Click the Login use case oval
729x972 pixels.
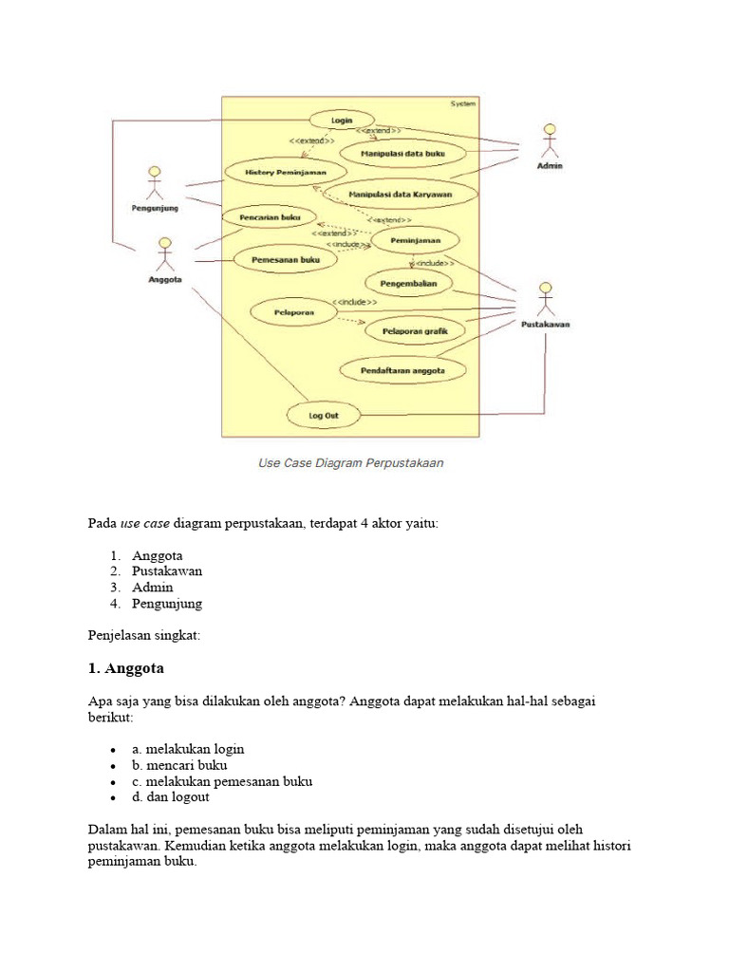tap(342, 121)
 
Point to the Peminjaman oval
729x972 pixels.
tap(415, 241)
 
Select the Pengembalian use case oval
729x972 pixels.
tap(409, 283)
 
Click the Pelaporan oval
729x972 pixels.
tap(294, 311)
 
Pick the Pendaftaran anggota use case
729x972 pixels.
tap(402, 368)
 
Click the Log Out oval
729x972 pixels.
tap(323, 415)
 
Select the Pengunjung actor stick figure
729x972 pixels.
tap(154, 184)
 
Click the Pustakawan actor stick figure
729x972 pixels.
tap(545, 299)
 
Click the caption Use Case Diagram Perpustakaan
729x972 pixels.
tap(351, 464)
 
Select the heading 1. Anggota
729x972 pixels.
tap(125, 668)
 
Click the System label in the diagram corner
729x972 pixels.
tap(463, 103)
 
